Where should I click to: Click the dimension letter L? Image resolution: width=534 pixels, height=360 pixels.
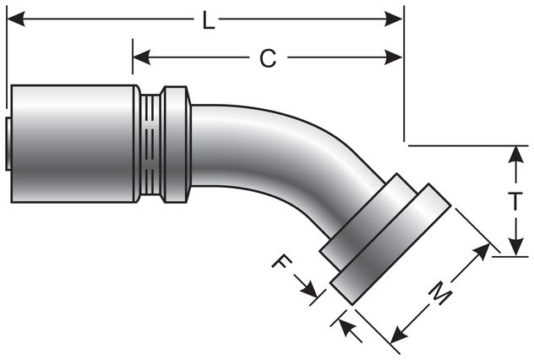click(x=209, y=20)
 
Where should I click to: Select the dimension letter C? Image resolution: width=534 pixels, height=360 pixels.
click(x=267, y=57)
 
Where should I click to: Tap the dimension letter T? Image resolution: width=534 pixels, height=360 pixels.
click(x=515, y=201)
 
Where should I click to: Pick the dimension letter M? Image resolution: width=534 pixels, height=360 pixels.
click(x=440, y=293)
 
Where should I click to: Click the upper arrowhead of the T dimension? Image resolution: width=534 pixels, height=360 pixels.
click(x=515, y=152)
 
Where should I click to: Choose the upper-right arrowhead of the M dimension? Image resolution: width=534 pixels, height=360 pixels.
click(x=484, y=251)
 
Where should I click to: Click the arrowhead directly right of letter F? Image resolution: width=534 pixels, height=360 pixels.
click(x=312, y=292)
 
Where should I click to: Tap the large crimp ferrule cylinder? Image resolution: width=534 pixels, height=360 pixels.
click(x=72, y=144)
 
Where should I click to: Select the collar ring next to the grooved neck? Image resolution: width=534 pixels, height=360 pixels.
click(x=175, y=144)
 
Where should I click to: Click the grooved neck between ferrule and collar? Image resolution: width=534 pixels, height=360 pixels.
click(x=150, y=144)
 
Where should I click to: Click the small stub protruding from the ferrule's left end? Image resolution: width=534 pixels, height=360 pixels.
click(x=6, y=144)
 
